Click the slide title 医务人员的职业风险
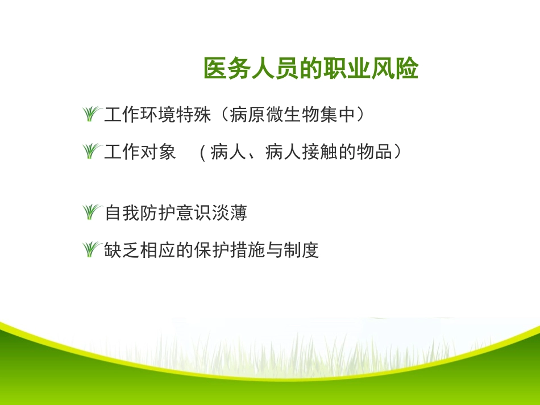[x=311, y=69]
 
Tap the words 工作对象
[x=140, y=152]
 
